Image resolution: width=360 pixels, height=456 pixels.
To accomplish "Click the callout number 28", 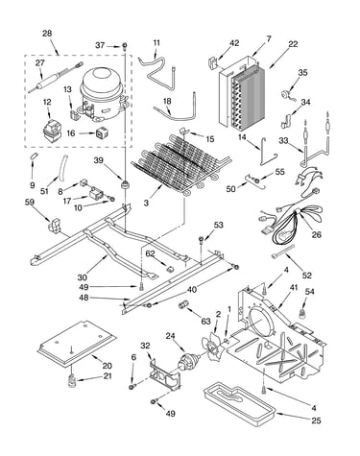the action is [x=47, y=34].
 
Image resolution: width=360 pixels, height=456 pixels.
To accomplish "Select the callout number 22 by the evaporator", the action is [x=293, y=44].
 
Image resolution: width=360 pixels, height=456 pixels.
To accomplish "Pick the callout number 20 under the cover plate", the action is [x=107, y=366].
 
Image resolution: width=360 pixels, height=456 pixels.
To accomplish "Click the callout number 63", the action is [x=205, y=321].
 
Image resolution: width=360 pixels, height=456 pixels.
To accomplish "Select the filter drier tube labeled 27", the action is [x=55, y=77].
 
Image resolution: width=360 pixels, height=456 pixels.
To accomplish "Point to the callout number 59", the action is [x=30, y=202].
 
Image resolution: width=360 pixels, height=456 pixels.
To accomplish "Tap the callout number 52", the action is [x=307, y=276].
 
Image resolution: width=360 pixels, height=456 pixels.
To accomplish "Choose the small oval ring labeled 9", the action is [x=34, y=156].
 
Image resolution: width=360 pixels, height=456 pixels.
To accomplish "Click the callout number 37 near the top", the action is [x=100, y=45].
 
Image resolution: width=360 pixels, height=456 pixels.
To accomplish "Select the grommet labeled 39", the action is [x=126, y=185].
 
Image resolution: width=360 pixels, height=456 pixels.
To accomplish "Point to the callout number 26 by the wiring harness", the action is [x=317, y=234].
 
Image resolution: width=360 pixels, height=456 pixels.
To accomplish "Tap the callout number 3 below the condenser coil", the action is [x=146, y=203].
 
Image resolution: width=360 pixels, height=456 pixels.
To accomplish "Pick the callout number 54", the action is [x=310, y=292].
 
